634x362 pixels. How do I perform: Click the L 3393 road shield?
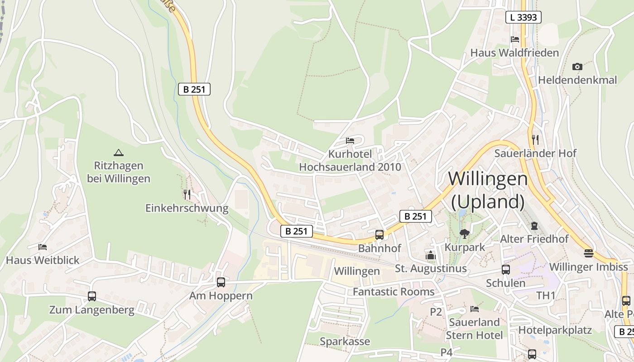click(x=523, y=17)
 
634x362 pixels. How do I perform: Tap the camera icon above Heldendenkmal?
click(x=576, y=67)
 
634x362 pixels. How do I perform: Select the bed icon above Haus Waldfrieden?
click(x=515, y=39)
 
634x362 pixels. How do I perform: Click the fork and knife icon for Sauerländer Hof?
click(x=535, y=139)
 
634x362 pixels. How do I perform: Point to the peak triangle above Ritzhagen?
click(x=119, y=152)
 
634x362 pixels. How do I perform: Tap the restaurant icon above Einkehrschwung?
click(x=187, y=195)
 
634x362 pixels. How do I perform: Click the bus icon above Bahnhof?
click(x=379, y=235)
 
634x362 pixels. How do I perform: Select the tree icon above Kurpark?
click(x=464, y=233)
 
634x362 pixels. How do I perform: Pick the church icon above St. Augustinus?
click(x=430, y=255)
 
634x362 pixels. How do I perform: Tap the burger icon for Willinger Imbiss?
click(x=588, y=253)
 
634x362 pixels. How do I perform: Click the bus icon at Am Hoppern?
click(x=221, y=282)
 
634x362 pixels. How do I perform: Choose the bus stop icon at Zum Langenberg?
click(x=92, y=296)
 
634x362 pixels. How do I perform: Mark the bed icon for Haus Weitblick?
click(x=43, y=247)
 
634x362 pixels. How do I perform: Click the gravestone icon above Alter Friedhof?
click(x=534, y=225)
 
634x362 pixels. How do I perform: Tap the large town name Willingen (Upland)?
click(x=488, y=190)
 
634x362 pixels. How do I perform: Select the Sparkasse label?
click(x=345, y=341)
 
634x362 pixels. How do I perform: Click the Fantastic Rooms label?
click(x=394, y=292)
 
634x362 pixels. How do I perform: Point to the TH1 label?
click(x=546, y=295)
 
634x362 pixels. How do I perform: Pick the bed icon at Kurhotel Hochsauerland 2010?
click(x=350, y=140)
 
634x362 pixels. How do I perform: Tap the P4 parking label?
click(x=446, y=352)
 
